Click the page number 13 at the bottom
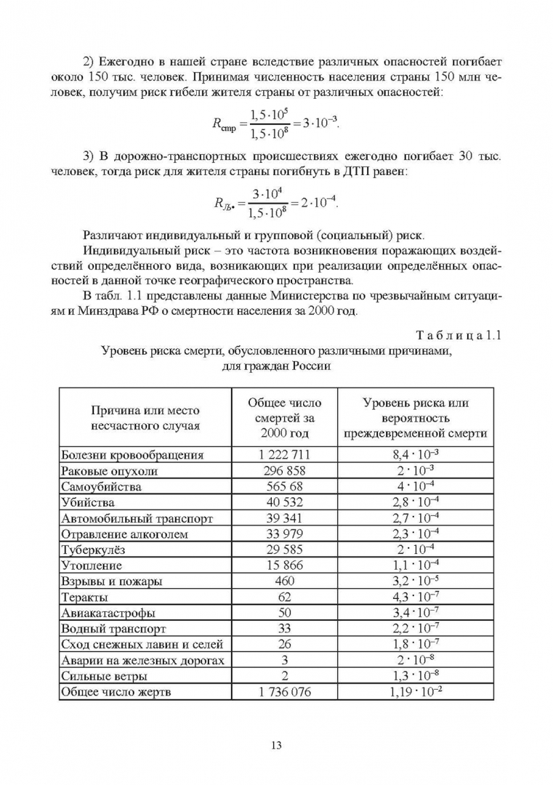276,745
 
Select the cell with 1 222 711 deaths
285,455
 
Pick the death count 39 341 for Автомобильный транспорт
285,518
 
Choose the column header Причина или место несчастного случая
145,419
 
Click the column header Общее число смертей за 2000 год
285,418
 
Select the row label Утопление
92,565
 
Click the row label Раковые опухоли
109,471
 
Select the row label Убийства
88,502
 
